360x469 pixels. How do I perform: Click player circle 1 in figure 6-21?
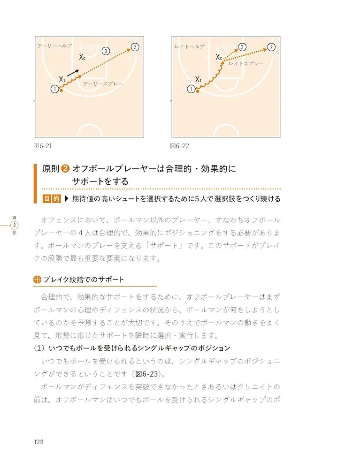[55, 88]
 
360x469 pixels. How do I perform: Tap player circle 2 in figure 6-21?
[135, 47]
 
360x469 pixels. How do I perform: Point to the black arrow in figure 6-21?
[72, 73]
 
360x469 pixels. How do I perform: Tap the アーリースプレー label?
[103, 84]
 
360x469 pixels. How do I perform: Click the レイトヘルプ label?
[190, 46]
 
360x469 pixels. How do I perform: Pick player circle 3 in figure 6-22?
[242, 47]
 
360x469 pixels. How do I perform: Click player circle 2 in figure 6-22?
[271, 47]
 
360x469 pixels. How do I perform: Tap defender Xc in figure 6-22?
[219, 57]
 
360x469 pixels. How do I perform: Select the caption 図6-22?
[179, 146]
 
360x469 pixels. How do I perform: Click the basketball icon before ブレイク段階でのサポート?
[38, 280]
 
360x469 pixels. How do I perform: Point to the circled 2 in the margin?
[14, 226]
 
